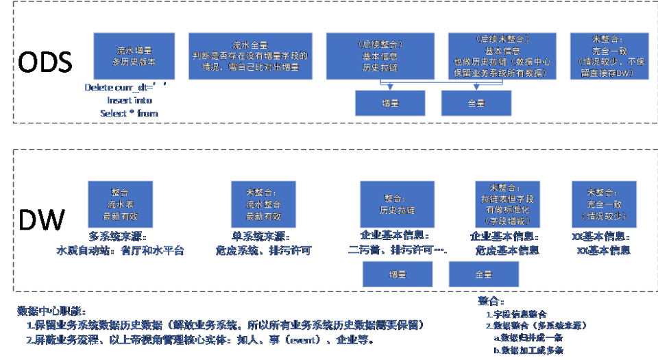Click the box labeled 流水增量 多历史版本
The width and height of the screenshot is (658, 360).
[x=135, y=56]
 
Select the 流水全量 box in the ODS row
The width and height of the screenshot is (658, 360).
[x=250, y=56]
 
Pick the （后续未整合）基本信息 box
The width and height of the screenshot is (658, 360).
[x=503, y=56]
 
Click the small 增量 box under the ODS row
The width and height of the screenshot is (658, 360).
[x=389, y=103]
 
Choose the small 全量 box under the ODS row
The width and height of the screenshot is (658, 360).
[x=476, y=103]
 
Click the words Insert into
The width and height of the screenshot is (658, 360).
[x=130, y=101]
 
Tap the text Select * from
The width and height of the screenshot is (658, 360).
[x=129, y=114]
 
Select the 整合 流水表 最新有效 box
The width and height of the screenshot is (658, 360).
[x=120, y=204]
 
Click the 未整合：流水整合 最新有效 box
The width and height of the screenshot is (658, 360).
[x=264, y=204]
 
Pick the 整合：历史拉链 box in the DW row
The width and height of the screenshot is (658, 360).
[x=397, y=204]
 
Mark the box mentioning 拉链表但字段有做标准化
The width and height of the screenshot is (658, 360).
[x=507, y=204]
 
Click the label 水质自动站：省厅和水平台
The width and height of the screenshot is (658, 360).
[x=120, y=251]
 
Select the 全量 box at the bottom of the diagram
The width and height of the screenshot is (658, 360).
[x=483, y=274]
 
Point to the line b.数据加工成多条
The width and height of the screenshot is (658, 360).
[x=528, y=350]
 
